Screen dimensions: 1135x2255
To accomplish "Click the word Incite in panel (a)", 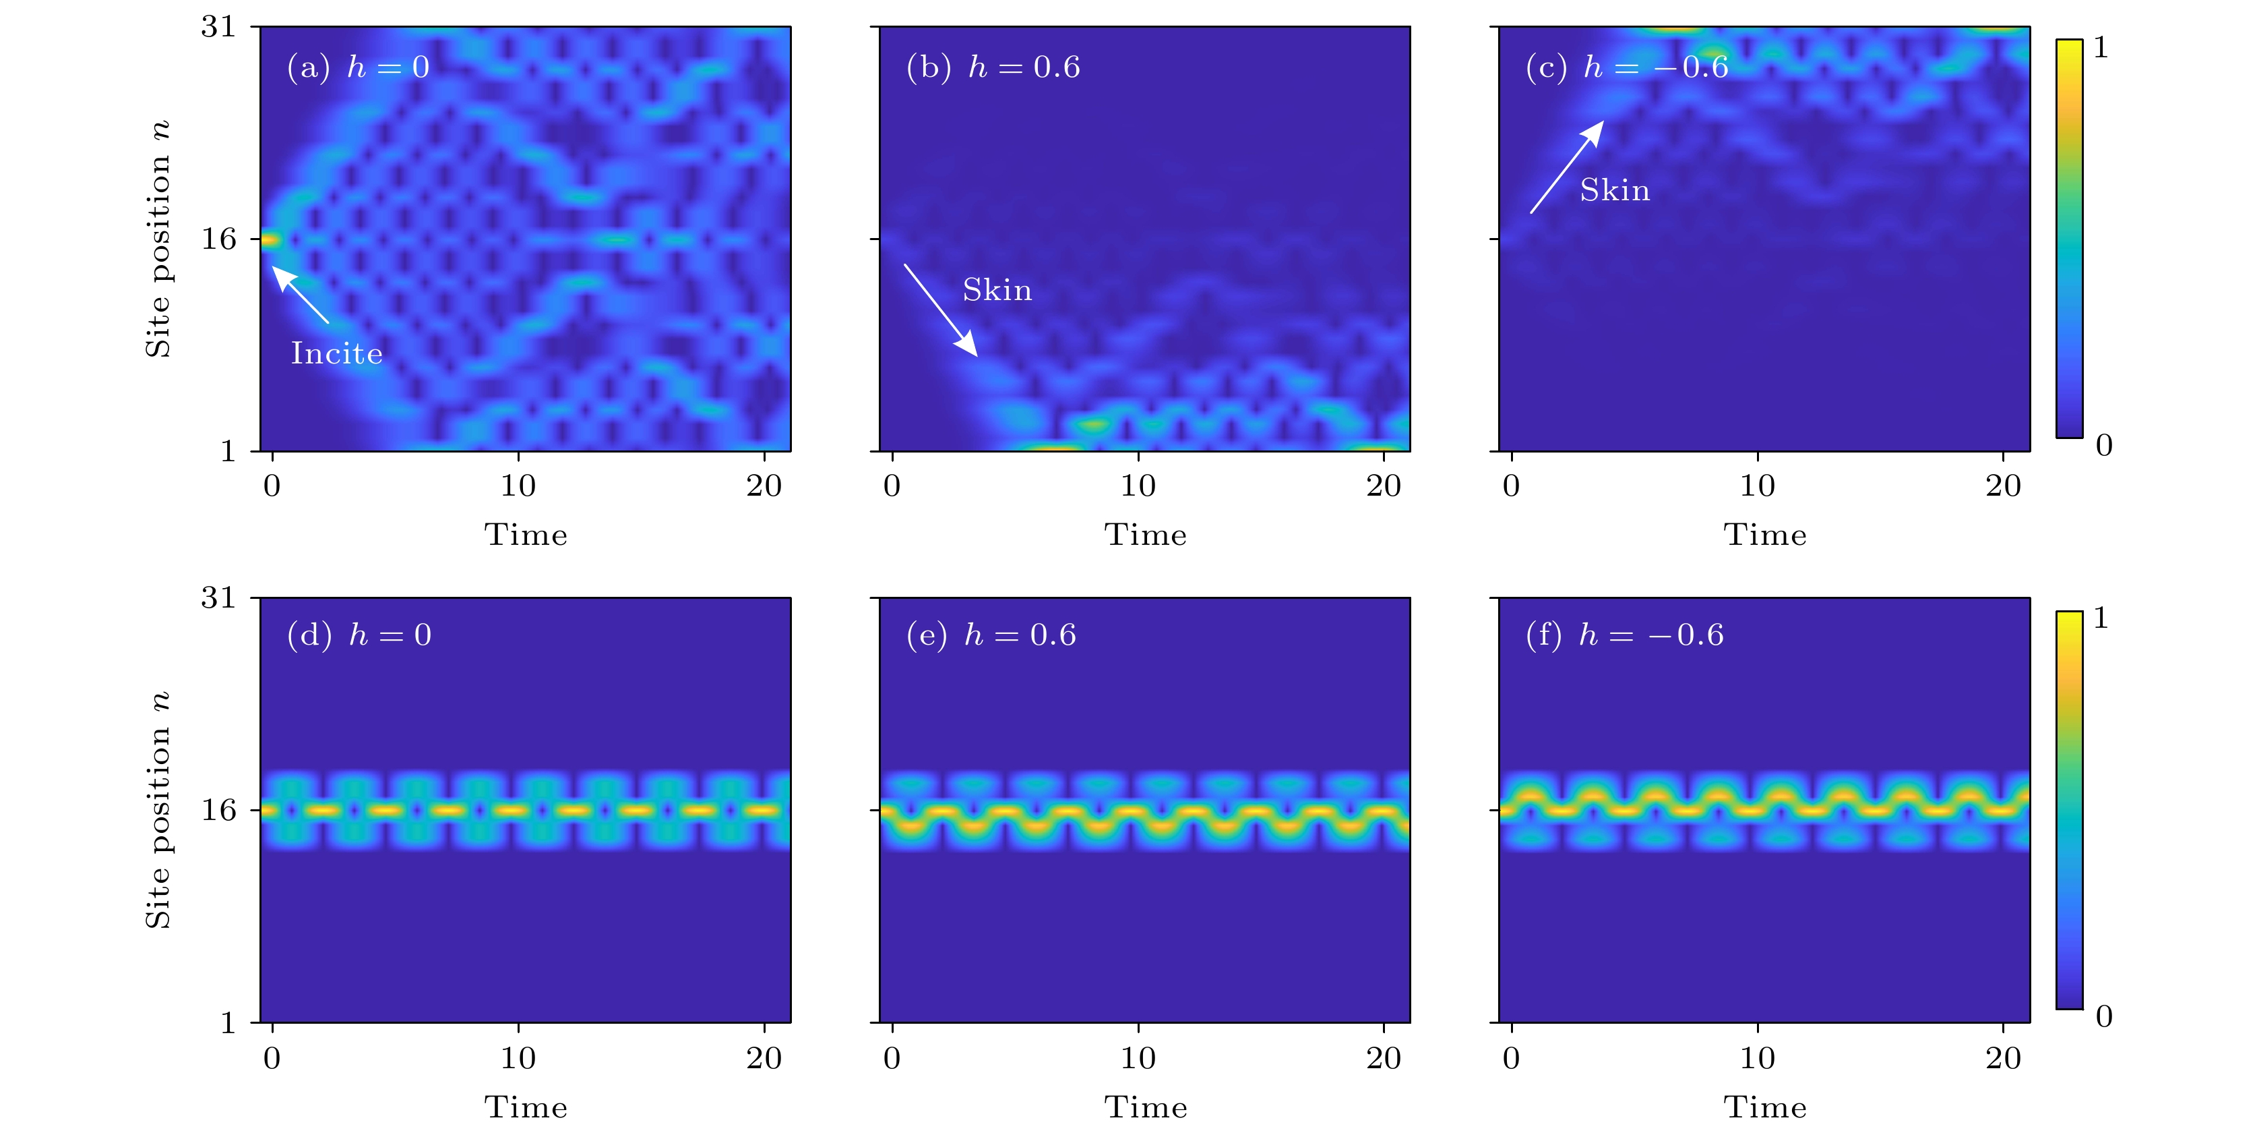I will [x=336, y=354].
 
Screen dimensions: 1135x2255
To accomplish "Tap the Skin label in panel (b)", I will [x=997, y=290].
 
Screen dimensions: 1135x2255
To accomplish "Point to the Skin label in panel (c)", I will [x=1614, y=190].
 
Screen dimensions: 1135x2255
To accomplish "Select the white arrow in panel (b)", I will [x=940, y=310].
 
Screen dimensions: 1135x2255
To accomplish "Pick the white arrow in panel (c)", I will [x=1567, y=167].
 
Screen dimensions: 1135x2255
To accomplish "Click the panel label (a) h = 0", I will [x=358, y=67].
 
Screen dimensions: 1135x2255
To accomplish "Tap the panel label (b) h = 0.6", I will [x=993, y=67].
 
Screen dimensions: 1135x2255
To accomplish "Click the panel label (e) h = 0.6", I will [x=991, y=635].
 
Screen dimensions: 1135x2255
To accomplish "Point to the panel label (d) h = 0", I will [x=359, y=635].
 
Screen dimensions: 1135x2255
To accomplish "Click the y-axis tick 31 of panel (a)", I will [x=219, y=27].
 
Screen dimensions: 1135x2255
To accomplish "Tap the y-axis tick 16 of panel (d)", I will [x=219, y=810].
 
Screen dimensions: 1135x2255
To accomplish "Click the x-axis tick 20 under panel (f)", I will [x=2003, y=1059].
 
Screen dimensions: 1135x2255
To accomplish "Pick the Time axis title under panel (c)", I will [x=1765, y=535].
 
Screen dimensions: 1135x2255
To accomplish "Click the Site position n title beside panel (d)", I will [x=158, y=810].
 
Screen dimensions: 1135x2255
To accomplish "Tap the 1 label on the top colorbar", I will [x=2101, y=48].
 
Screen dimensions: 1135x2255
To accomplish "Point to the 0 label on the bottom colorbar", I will [x=2103, y=1017].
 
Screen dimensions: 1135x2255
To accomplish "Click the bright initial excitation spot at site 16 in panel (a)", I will [x=269, y=240].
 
